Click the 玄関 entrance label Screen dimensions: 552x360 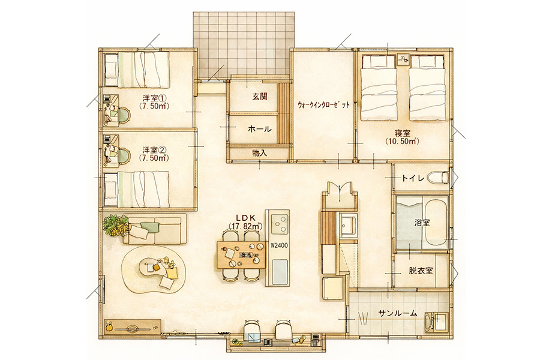[x=260, y=97]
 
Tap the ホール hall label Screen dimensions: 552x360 [x=260, y=129]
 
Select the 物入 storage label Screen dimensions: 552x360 [x=259, y=153]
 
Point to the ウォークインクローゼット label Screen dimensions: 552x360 [x=323, y=104]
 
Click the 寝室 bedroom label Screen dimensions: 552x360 [x=403, y=134]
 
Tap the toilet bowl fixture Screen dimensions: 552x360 [x=442, y=178]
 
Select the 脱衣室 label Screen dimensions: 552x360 [x=421, y=271]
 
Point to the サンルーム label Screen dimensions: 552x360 [x=398, y=313]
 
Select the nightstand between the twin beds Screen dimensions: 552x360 [x=403, y=59]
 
